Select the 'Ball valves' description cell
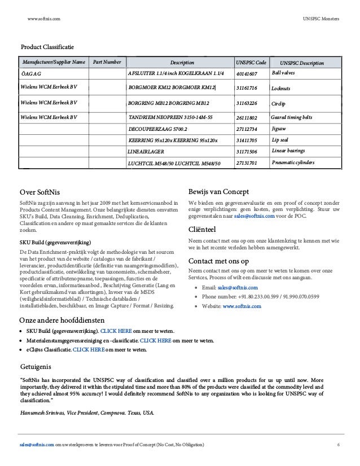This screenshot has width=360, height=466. coord(284,73)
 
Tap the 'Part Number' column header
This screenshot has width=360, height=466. coord(107,62)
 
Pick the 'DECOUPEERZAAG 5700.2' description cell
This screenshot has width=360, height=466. coord(157,129)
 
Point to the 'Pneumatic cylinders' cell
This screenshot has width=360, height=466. coord(293,162)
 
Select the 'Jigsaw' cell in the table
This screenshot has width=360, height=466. coord(280,129)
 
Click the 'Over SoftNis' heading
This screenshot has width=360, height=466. coord(42,191)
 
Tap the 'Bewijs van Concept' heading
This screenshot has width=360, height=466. coord(219,191)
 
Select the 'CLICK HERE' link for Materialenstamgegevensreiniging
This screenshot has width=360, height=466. coord(157,341)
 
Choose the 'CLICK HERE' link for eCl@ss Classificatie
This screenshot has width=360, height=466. coord(89,349)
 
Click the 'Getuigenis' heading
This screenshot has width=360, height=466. coord(38,367)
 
